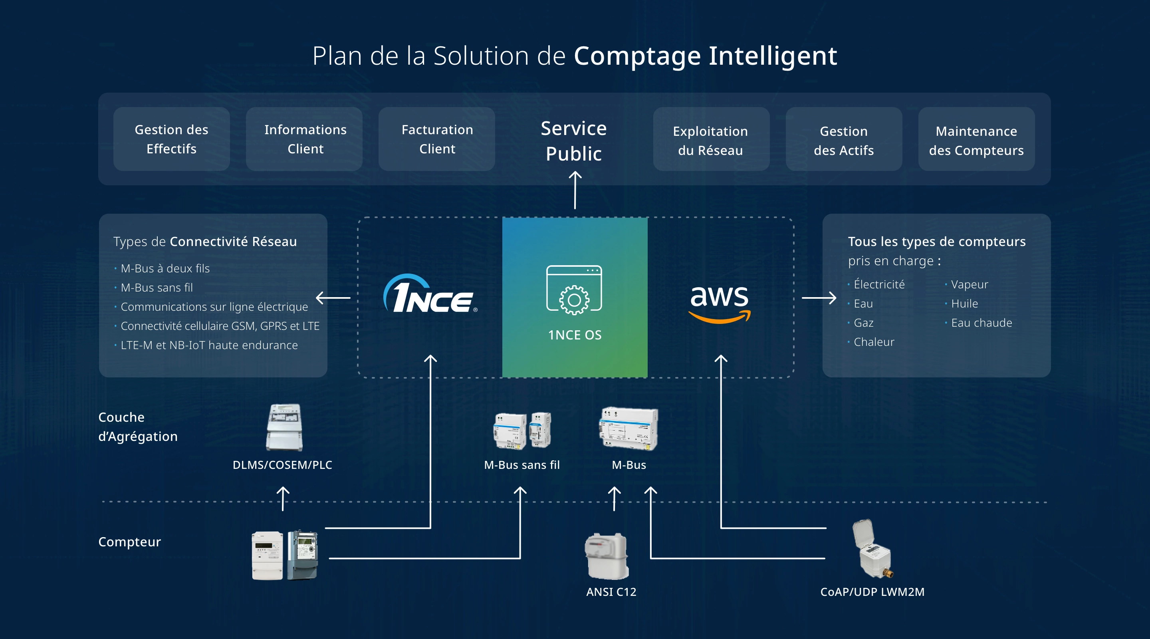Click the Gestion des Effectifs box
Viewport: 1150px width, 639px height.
(x=171, y=139)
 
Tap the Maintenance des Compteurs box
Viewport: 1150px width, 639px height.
(x=976, y=140)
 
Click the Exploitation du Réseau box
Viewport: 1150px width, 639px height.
(x=711, y=140)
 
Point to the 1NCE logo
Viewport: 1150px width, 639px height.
(x=430, y=295)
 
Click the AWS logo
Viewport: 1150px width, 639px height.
(x=720, y=302)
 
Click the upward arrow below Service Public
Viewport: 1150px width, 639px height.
(x=575, y=190)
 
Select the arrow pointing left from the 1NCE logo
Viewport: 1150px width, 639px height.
(x=333, y=298)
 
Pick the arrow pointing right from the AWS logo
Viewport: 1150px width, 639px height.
(x=819, y=298)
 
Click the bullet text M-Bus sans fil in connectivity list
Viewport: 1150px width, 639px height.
(x=157, y=288)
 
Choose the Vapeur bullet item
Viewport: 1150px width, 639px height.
(x=969, y=284)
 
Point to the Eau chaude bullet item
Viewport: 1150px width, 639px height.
(x=981, y=323)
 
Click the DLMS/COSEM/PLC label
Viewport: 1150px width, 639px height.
(x=282, y=465)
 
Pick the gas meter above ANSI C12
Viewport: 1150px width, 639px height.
(x=607, y=556)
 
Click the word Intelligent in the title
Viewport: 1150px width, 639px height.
(x=772, y=56)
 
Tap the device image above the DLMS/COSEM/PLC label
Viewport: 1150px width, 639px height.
(x=284, y=427)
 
